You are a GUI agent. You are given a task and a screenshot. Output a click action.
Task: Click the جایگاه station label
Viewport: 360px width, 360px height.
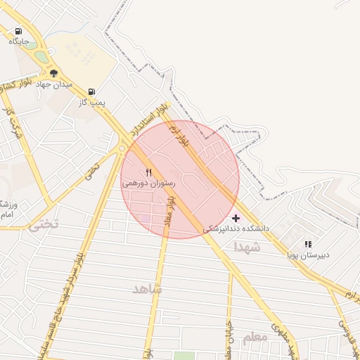tap(18, 41)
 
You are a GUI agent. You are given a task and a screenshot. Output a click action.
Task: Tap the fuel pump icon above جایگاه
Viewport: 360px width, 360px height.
tap(18, 31)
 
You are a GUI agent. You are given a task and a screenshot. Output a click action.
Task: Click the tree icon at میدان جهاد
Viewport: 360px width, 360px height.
tap(53, 73)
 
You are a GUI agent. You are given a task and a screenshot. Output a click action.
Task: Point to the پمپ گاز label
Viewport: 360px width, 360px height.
tap(91, 102)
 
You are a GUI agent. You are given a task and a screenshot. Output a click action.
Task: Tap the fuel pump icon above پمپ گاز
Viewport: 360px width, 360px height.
tap(91, 91)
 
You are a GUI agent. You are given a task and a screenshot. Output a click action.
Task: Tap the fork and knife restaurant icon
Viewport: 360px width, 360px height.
tap(148, 172)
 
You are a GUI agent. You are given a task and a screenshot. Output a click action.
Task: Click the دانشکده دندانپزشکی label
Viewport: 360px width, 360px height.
tap(236, 229)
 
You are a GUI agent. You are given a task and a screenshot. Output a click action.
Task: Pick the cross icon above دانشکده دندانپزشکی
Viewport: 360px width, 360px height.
tap(236, 218)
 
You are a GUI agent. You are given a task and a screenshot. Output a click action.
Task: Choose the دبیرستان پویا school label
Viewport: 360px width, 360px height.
tap(307, 255)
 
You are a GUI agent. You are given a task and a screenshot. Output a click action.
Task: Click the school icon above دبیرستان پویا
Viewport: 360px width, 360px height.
tap(307, 244)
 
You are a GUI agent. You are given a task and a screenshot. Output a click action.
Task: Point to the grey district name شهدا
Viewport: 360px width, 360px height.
tap(247, 247)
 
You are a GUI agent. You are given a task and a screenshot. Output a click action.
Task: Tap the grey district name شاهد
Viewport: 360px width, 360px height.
tap(147, 289)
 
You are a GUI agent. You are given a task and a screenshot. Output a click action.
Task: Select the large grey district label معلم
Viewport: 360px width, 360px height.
tap(255, 338)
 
